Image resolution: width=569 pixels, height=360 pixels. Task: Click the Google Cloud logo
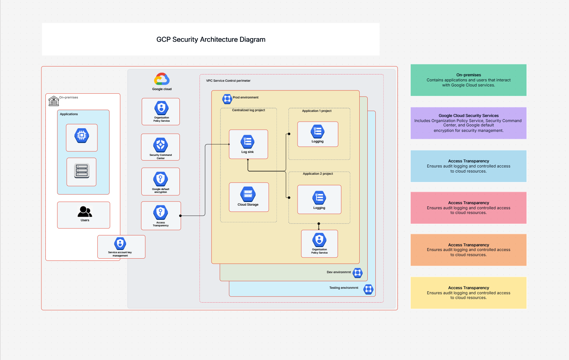tap(162, 79)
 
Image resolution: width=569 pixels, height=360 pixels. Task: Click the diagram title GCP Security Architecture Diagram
tap(211, 40)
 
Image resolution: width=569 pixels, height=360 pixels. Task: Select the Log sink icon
tap(248, 142)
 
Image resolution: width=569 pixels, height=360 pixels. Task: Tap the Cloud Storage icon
tap(248, 194)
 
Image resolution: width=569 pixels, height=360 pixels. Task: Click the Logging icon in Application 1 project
tap(318, 132)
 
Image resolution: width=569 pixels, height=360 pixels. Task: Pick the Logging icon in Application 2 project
tap(319, 198)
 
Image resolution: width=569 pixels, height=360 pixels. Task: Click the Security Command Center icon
tap(161, 145)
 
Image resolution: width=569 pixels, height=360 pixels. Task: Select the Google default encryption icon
tap(161, 179)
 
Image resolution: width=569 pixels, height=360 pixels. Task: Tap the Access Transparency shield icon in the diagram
tap(161, 213)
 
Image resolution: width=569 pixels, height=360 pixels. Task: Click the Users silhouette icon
tap(85, 211)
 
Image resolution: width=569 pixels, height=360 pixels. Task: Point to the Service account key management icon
tap(120, 243)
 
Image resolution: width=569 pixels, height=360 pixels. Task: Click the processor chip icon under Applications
tap(82, 136)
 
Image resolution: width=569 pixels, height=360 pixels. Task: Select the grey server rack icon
tap(82, 171)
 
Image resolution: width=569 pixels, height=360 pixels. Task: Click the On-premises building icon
tap(53, 101)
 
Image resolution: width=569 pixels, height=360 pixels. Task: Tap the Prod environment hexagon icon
tap(227, 98)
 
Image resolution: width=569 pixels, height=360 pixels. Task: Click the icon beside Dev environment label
tap(358, 272)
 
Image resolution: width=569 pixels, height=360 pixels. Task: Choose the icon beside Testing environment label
tap(368, 289)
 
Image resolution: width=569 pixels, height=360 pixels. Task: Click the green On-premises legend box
tap(468, 80)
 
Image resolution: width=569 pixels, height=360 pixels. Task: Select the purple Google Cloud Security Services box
tap(468, 123)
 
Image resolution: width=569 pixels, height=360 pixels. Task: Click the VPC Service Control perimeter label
tap(228, 81)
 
